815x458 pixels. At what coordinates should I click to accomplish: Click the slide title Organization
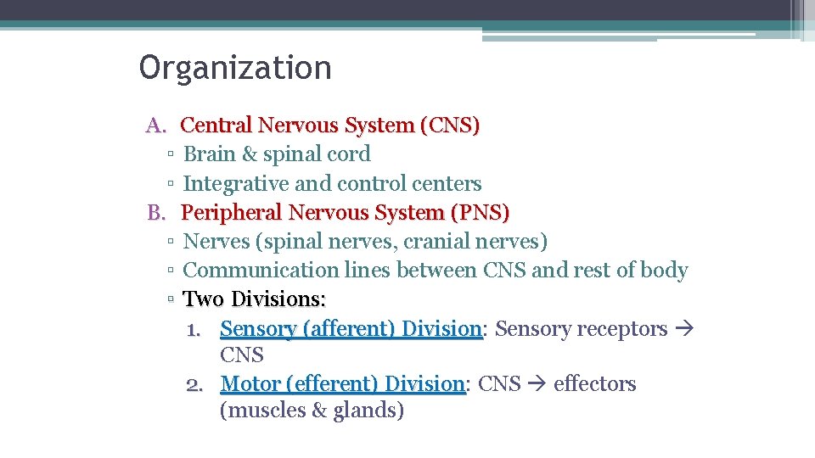pyautogui.click(x=235, y=68)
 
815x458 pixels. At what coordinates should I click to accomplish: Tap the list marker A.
pyautogui.click(x=156, y=126)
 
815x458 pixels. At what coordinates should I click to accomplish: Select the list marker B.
pyautogui.click(x=156, y=212)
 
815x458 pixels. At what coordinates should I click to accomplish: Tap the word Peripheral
pyautogui.click(x=231, y=212)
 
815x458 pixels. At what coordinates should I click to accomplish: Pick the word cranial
pyautogui.click(x=436, y=242)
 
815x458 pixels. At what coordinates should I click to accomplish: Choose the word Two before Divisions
pyautogui.click(x=204, y=299)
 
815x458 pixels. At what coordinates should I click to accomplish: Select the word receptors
pyautogui.click(x=627, y=328)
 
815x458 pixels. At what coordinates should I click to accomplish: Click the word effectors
pyautogui.click(x=594, y=384)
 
